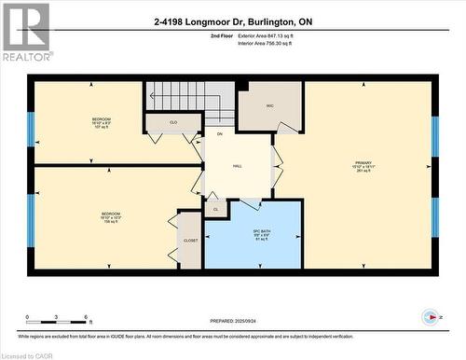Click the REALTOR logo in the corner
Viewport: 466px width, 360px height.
pos(26,31)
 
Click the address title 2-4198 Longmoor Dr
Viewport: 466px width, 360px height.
pos(232,20)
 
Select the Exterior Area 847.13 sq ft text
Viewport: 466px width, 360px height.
pos(271,35)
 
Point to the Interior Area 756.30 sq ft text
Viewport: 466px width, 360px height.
pos(270,43)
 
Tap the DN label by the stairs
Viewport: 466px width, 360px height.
pos(220,134)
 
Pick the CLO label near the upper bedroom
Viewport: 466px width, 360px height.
pos(172,122)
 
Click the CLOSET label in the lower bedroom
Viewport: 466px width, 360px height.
pos(190,240)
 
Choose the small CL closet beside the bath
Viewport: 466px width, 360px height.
pos(215,209)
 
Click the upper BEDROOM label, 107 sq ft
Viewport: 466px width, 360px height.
pos(101,122)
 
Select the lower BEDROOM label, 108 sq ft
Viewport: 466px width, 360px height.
pos(110,217)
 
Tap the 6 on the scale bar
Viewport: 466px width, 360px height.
pos(86,319)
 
